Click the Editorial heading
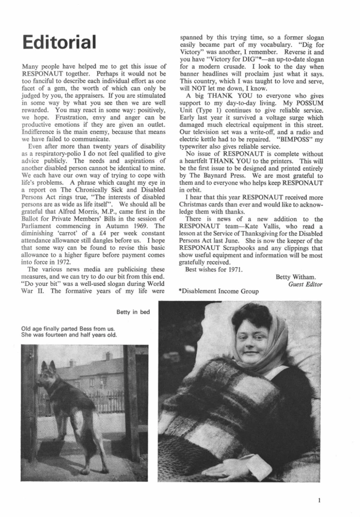pyautogui.click(x=59, y=42)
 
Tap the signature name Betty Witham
pyautogui.click(x=299, y=277)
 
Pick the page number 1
pyautogui.click(x=318, y=500)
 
